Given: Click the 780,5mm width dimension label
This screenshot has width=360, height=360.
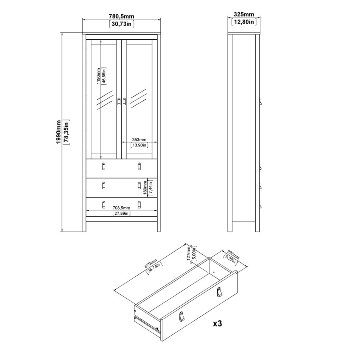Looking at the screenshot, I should [x=121, y=16].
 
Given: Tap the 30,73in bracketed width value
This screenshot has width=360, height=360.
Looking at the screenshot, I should [x=121, y=24].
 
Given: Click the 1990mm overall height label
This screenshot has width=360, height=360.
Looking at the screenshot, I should [x=59, y=132].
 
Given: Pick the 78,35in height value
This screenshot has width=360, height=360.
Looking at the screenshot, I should [x=66, y=132].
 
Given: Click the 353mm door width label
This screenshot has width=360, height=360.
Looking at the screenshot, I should [x=137, y=140].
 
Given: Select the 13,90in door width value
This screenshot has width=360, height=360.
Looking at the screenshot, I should [x=137, y=145].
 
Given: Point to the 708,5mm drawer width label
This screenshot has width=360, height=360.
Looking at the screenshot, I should [x=121, y=208].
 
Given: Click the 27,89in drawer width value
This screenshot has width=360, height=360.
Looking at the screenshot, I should [x=121, y=214].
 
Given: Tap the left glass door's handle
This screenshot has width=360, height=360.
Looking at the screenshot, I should [x=118, y=102].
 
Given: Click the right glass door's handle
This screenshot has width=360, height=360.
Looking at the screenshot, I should [x=124, y=102].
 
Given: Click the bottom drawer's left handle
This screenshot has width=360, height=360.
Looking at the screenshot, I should [x=104, y=205].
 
